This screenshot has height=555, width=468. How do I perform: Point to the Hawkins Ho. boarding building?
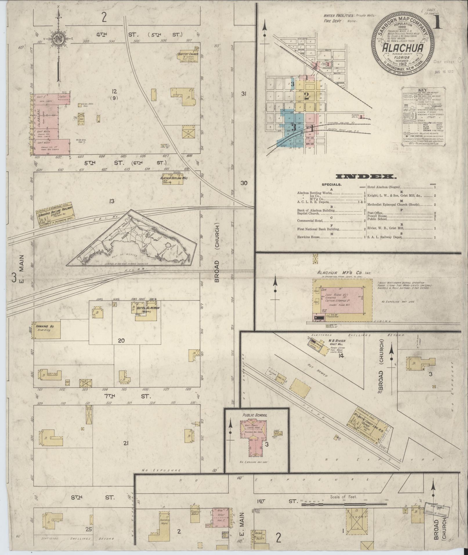(46, 329)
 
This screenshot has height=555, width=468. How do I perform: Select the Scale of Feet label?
(344, 496)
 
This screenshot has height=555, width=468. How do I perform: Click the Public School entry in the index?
(377, 219)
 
